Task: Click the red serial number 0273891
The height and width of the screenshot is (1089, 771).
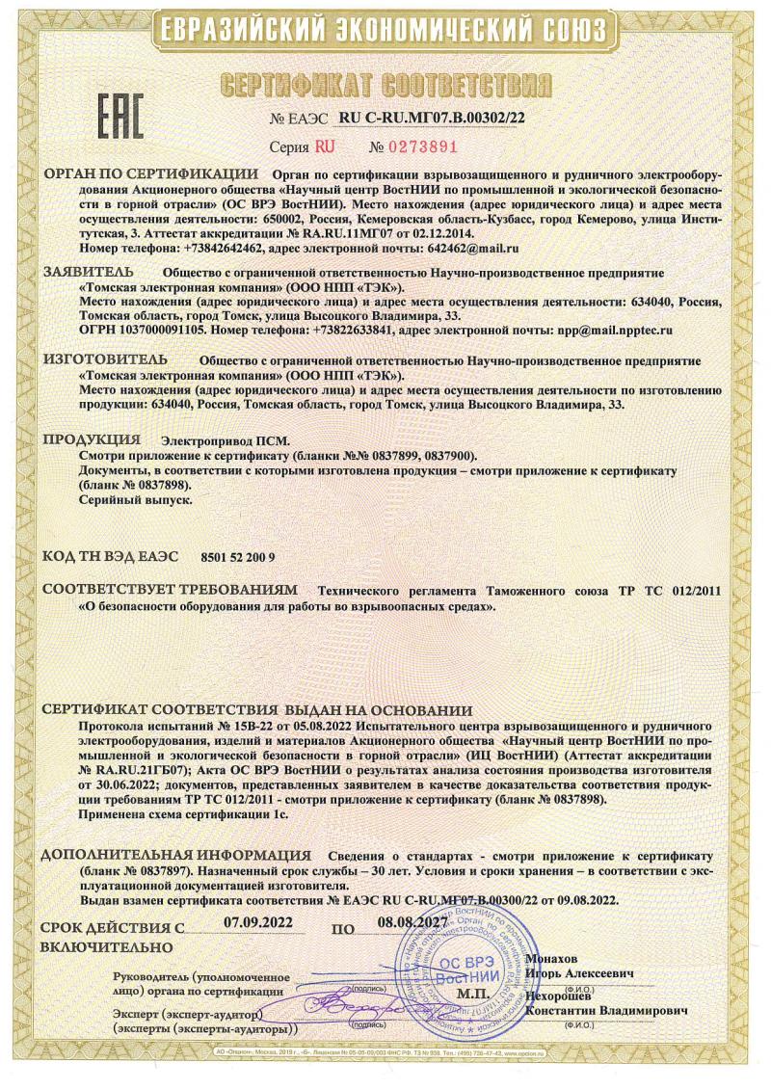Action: [412, 147]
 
